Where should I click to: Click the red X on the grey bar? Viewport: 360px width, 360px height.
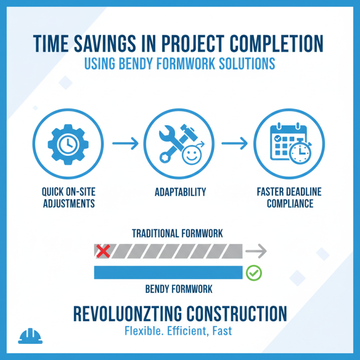click(x=103, y=251)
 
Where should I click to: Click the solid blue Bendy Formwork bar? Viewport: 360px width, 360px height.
click(x=168, y=272)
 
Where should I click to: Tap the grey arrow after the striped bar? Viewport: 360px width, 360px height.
click(x=257, y=251)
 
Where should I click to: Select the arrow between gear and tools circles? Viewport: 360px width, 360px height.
click(x=125, y=144)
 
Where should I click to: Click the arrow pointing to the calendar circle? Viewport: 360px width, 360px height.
click(x=234, y=144)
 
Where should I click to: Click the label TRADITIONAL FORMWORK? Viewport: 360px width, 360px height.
click(x=177, y=234)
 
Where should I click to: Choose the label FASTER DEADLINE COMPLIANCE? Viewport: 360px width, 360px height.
click(x=290, y=198)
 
